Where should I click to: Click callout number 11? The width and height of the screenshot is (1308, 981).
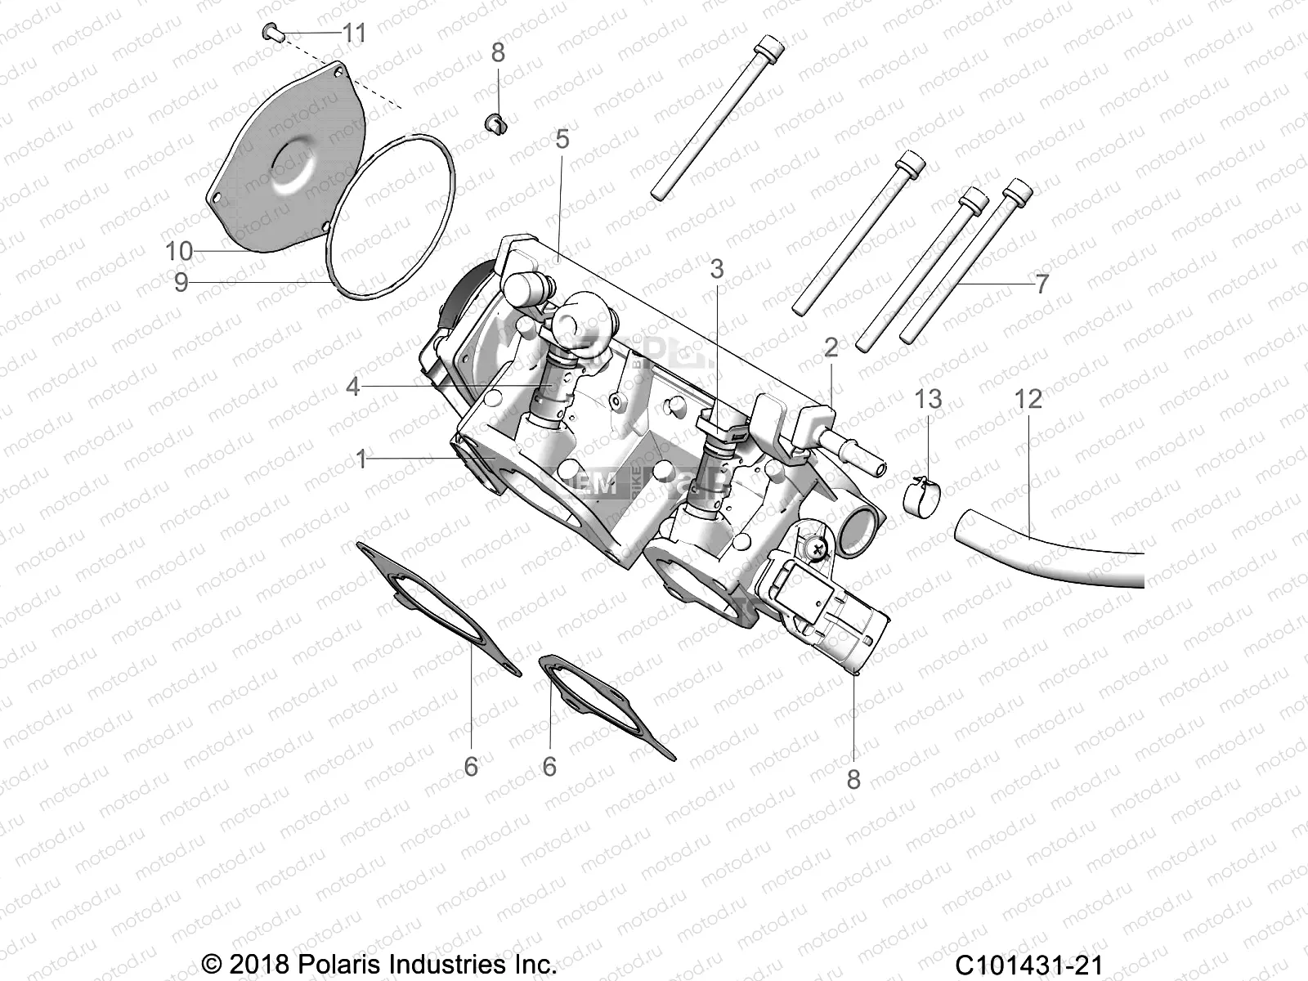(x=354, y=34)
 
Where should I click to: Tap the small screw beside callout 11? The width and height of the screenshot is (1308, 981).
(x=271, y=32)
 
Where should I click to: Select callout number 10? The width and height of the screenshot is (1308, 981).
(x=179, y=251)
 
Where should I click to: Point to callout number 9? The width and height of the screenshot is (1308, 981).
(x=181, y=282)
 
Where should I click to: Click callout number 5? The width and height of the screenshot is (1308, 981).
(x=562, y=140)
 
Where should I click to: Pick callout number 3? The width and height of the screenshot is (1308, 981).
(x=717, y=269)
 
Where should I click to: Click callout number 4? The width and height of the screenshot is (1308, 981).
(x=352, y=386)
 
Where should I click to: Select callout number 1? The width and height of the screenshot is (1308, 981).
(x=362, y=459)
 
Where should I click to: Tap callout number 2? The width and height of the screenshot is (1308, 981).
(x=831, y=348)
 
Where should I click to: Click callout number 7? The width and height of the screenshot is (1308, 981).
(x=1041, y=284)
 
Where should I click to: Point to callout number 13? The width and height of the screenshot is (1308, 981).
(x=928, y=399)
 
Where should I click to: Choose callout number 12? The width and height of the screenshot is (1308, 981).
(x=1028, y=399)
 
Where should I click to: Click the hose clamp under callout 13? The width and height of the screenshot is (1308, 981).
(x=922, y=494)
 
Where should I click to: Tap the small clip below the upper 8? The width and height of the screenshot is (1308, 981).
(x=496, y=124)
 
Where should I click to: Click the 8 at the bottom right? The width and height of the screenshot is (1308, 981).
(x=853, y=779)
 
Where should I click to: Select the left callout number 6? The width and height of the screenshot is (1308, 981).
(x=471, y=767)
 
